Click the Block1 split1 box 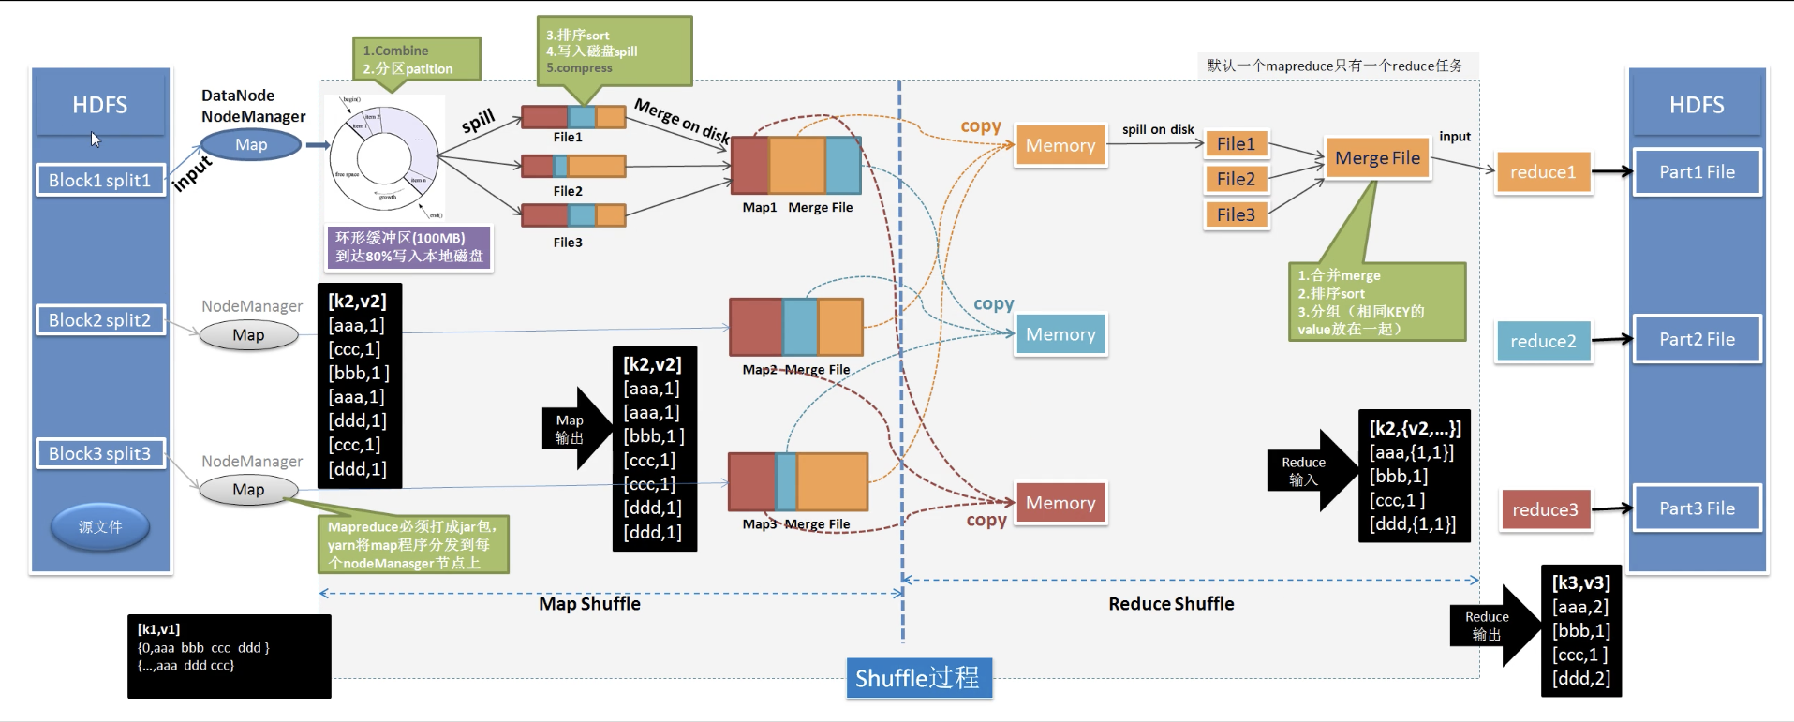click(99, 180)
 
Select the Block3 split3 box click(99, 453)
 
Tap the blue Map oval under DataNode click(251, 144)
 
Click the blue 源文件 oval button click(100, 526)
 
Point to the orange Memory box click(1060, 145)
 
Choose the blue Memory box click(1060, 334)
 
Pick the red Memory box click(1060, 503)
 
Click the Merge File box click(1377, 157)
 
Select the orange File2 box click(1236, 179)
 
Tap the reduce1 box click(1543, 171)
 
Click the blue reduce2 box click(1543, 341)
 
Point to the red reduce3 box click(1545, 509)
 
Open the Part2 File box click(1697, 339)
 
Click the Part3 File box click(1697, 508)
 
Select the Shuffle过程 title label click(917, 677)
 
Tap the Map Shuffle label click(589, 604)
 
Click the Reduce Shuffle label click(1171, 604)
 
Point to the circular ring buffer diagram click(385, 157)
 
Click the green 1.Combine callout click(416, 59)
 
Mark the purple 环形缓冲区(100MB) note click(409, 247)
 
